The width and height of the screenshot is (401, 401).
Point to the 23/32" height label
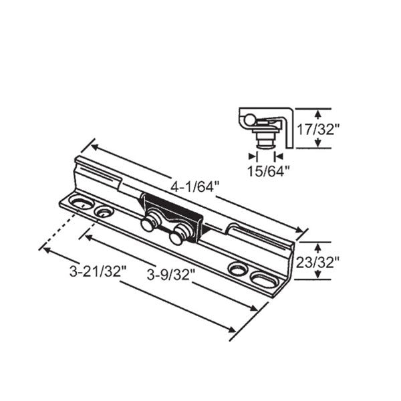[319, 261]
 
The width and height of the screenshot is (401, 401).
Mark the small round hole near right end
[237, 269]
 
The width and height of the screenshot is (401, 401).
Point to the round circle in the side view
[248, 120]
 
